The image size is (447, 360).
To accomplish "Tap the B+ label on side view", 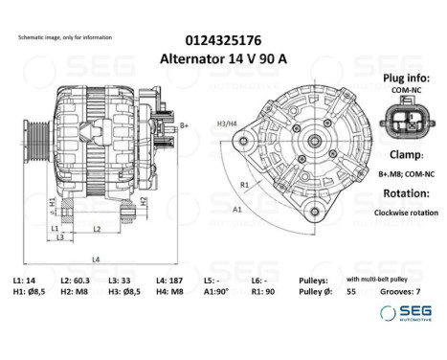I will coord(185,125).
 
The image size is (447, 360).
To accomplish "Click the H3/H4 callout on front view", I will coord(226,124).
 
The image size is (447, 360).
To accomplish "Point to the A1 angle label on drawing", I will coord(236,208).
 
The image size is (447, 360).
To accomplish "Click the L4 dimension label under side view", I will coord(97,259).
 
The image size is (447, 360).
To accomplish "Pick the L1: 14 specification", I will coord(24,280).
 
